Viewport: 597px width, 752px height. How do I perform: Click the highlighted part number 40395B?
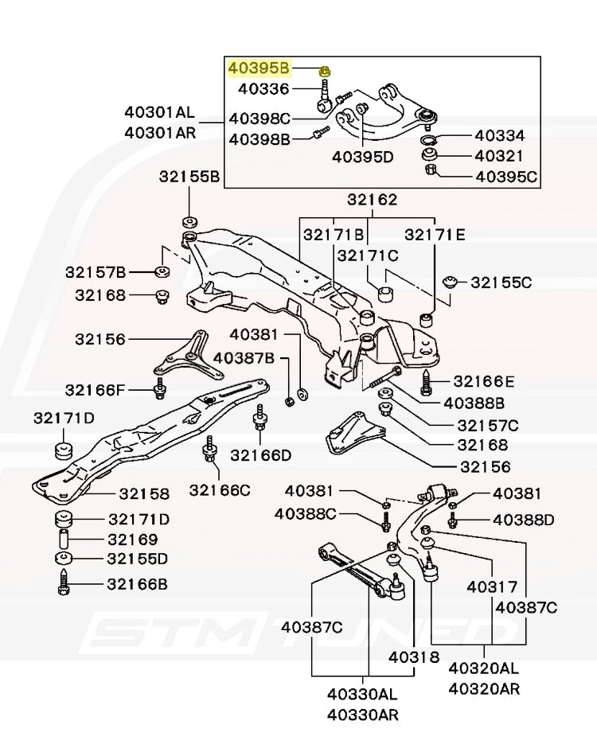click(260, 68)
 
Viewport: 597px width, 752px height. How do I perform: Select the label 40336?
click(263, 89)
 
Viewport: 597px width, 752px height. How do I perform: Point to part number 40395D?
click(363, 157)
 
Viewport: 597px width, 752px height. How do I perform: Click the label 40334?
click(499, 136)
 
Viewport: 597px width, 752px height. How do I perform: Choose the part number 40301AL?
click(159, 112)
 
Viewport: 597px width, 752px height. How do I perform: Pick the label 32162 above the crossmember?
click(372, 201)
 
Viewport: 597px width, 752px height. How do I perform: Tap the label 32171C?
click(367, 255)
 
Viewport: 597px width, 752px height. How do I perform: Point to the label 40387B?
click(244, 359)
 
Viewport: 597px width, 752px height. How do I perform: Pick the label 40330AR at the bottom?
click(362, 714)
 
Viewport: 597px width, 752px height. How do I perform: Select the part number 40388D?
click(524, 520)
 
